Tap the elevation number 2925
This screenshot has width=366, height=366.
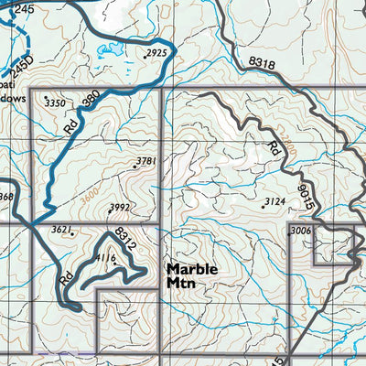click(x=156, y=54)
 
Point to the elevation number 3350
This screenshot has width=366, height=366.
click(x=57, y=104)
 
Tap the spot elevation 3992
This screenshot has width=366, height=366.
click(x=120, y=208)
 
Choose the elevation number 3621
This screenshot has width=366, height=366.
click(x=62, y=229)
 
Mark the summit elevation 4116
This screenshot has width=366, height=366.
click(x=106, y=259)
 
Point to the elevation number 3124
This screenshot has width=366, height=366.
click(x=275, y=201)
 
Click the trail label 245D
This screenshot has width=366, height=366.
click(x=21, y=67)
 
